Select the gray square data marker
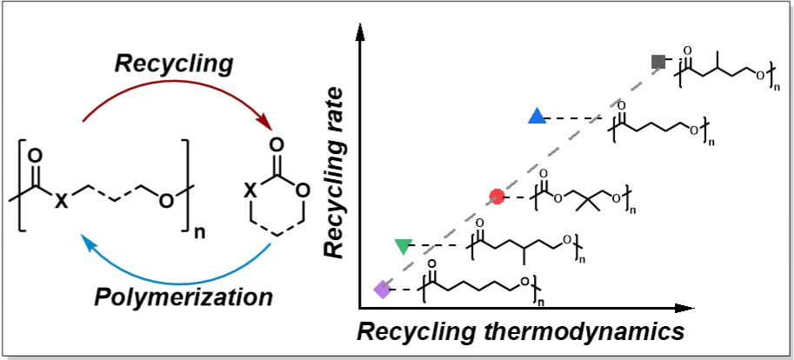tap(658, 61)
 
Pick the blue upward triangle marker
tap(537, 117)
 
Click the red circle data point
tap(497, 197)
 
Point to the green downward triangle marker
tap(402, 246)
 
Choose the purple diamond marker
tap(381, 290)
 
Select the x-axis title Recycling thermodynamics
tap(521, 331)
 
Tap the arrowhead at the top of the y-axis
tap(359, 37)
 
